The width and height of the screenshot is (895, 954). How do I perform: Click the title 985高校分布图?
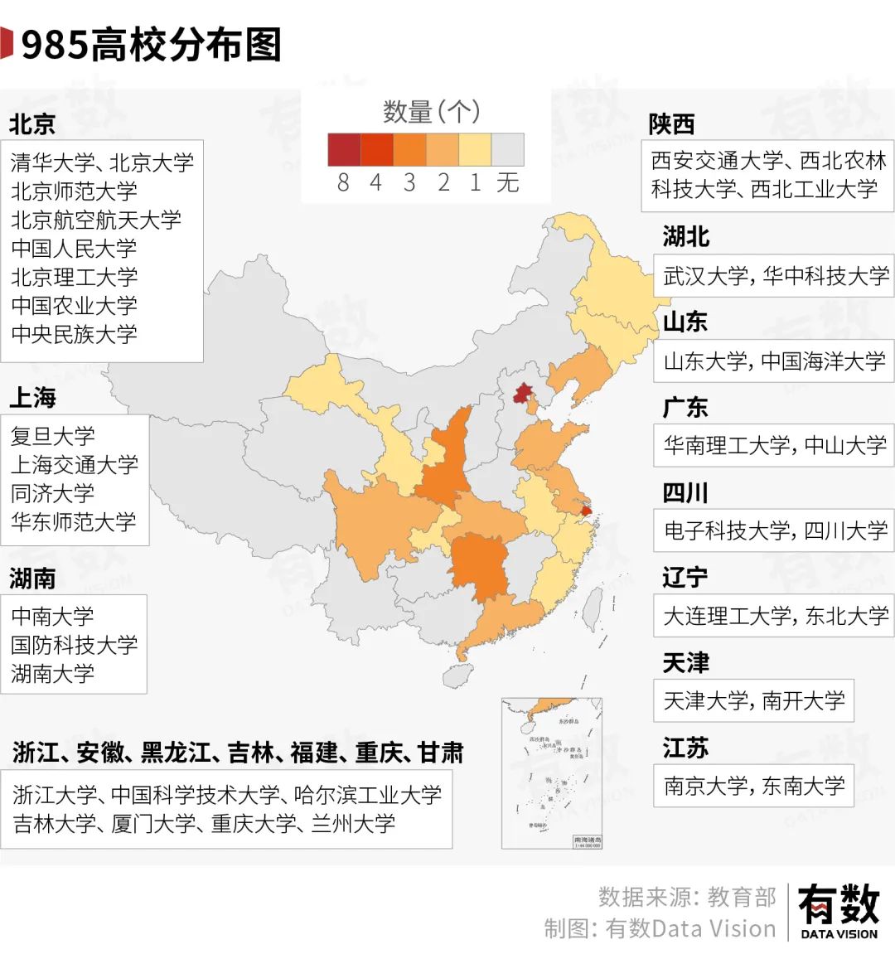pos(151,45)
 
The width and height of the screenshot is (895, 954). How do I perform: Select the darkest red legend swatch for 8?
pos(344,150)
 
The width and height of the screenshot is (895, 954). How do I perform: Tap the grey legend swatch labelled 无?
pos(507,150)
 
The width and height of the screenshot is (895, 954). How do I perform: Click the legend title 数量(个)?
pos(431,112)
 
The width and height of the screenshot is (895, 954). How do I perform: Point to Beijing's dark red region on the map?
pos(521,392)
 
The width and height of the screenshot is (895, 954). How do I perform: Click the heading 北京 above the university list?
pos(32,124)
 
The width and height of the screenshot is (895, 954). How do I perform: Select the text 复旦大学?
pos(53,436)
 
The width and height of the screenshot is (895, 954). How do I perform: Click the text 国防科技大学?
pos(75,645)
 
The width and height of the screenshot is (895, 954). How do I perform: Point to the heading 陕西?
pos(671,124)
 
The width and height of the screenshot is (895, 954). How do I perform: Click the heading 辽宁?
pos(685,577)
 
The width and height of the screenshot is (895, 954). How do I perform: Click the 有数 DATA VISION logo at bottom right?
pos(838,910)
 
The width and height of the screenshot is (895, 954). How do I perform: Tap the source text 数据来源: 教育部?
pos(687,897)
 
